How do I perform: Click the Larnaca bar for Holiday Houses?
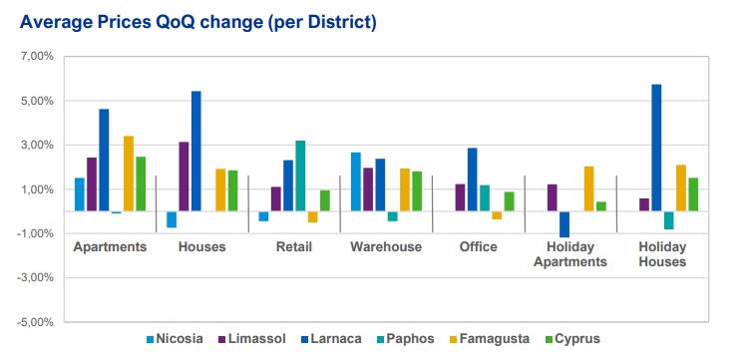[x=656, y=148]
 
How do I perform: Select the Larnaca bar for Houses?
[x=196, y=151]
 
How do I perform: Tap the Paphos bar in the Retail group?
[x=300, y=176]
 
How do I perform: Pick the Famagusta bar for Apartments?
[x=129, y=174]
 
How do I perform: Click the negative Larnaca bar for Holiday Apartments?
[x=564, y=224]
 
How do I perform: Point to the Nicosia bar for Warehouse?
[x=356, y=181]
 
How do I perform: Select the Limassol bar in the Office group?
[x=461, y=197]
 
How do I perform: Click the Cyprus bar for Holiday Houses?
[x=693, y=194]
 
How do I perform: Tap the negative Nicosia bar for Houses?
[x=172, y=219]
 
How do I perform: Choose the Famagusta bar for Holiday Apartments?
[x=589, y=188]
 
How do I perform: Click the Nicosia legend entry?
[x=175, y=339]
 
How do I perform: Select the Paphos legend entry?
[x=405, y=339]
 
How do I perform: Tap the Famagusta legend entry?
[x=490, y=339]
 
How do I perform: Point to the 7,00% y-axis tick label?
[x=37, y=56]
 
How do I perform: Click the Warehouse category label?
[x=386, y=247]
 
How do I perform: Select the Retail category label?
[x=294, y=247]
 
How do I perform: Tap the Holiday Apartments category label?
[x=570, y=254]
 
